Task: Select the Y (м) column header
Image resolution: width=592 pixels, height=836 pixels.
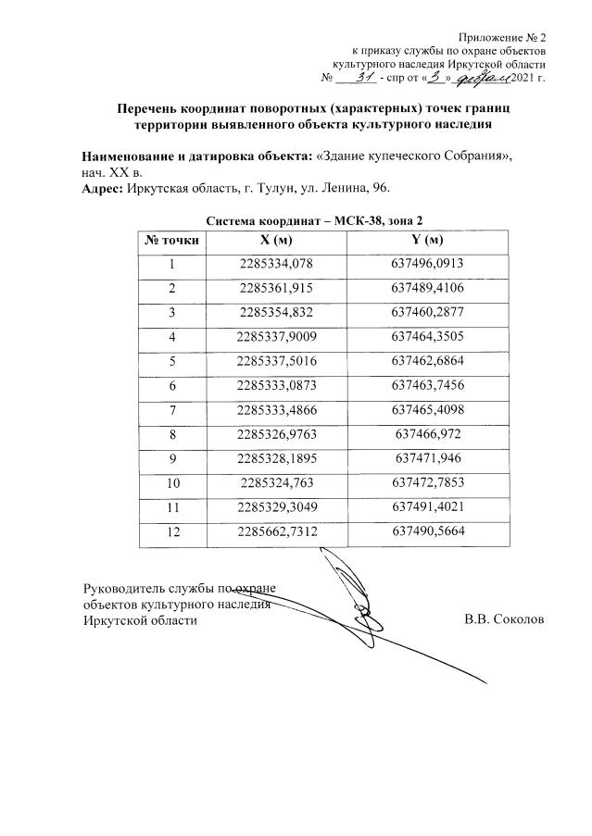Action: [427, 240]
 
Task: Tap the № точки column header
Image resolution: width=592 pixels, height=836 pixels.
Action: [171, 240]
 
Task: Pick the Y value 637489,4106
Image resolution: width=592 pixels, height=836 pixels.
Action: [427, 288]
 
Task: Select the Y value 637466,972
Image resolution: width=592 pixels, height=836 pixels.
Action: [427, 433]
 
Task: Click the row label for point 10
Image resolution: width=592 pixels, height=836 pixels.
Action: [171, 482]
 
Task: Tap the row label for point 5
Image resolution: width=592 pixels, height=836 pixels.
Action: [171, 361]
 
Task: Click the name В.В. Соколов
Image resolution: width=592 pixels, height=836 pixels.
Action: [505, 619]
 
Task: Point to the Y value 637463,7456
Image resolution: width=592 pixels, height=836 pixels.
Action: [427, 385]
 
